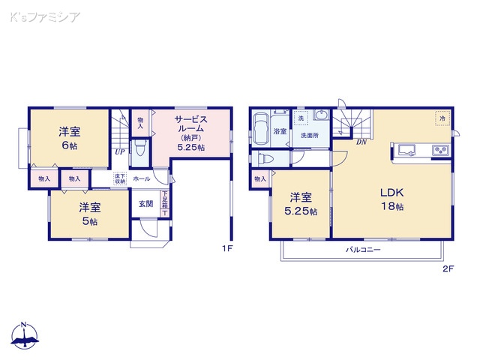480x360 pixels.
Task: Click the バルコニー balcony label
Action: (363, 250)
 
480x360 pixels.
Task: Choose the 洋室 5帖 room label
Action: (90, 213)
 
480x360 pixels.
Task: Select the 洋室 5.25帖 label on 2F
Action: (300, 205)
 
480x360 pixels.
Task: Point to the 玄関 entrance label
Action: (145, 203)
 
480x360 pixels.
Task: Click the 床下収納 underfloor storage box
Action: (119, 179)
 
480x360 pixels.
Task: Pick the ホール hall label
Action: (141, 180)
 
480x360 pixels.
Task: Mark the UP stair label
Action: (118, 152)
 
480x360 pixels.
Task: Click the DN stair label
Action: (361, 142)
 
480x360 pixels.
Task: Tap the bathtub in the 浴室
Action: (261, 127)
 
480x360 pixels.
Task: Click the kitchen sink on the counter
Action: (406, 150)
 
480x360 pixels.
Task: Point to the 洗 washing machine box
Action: (301, 119)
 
